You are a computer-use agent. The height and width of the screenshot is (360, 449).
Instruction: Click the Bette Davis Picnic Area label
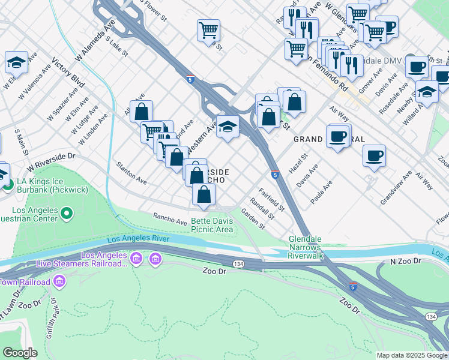[212, 225]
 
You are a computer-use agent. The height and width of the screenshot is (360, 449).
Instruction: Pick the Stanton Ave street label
[131, 172]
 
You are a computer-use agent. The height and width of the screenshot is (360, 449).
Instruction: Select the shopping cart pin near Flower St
[208, 30]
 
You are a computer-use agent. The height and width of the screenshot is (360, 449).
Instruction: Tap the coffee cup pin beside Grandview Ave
[374, 156]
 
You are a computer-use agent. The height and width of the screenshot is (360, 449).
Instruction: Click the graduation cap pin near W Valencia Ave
[16, 62]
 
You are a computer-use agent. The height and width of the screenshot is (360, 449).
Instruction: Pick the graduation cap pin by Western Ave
[228, 126]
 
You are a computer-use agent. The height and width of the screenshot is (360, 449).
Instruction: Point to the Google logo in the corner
[20, 353]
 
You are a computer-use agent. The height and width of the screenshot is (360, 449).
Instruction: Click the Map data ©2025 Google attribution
[411, 355]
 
